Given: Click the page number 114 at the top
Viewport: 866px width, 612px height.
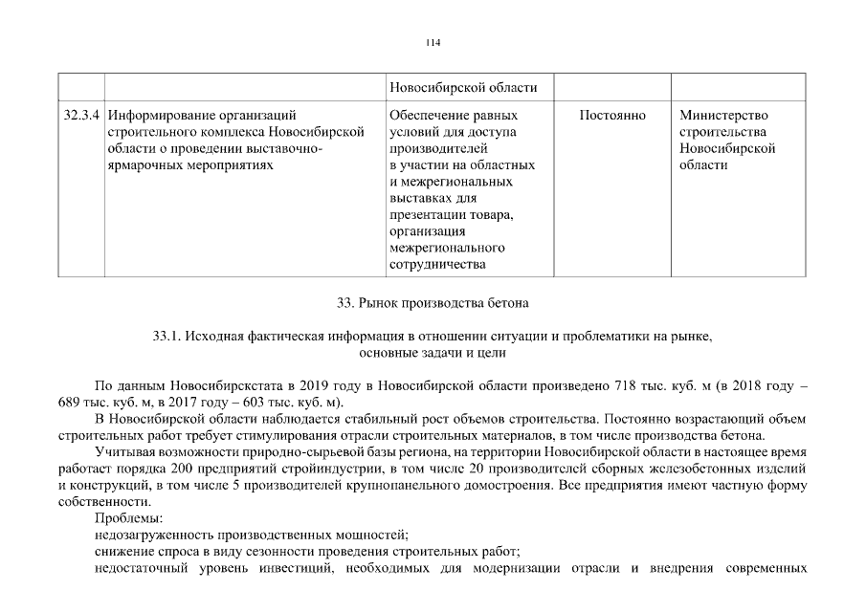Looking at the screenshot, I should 433,43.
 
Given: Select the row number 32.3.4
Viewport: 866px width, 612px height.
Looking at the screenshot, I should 79,116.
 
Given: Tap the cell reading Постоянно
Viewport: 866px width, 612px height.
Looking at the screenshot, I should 612,116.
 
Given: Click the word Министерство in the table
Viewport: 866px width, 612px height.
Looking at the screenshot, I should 723,116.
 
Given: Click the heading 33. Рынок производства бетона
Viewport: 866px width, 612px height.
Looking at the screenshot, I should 433,303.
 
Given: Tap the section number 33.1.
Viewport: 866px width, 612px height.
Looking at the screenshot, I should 166,337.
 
